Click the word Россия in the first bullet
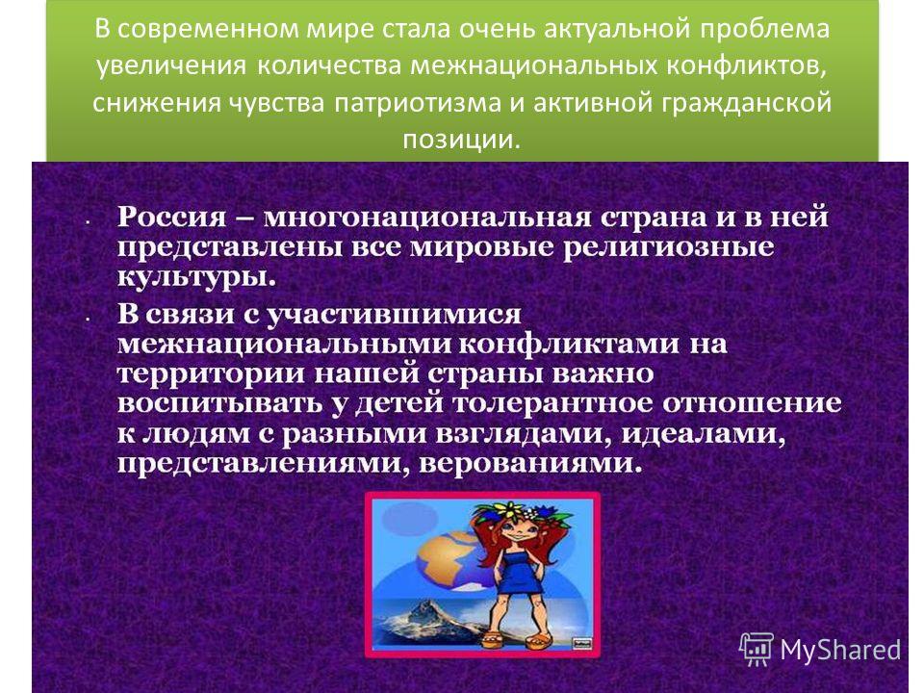click(171, 218)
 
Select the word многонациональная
click(426, 218)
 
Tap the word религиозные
click(668, 247)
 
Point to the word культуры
click(196, 276)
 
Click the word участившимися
click(395, 314)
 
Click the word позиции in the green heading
click(461, 140)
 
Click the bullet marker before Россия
click(88, 222)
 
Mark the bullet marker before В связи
click(88, 319)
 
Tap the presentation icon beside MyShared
click(757, 649)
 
